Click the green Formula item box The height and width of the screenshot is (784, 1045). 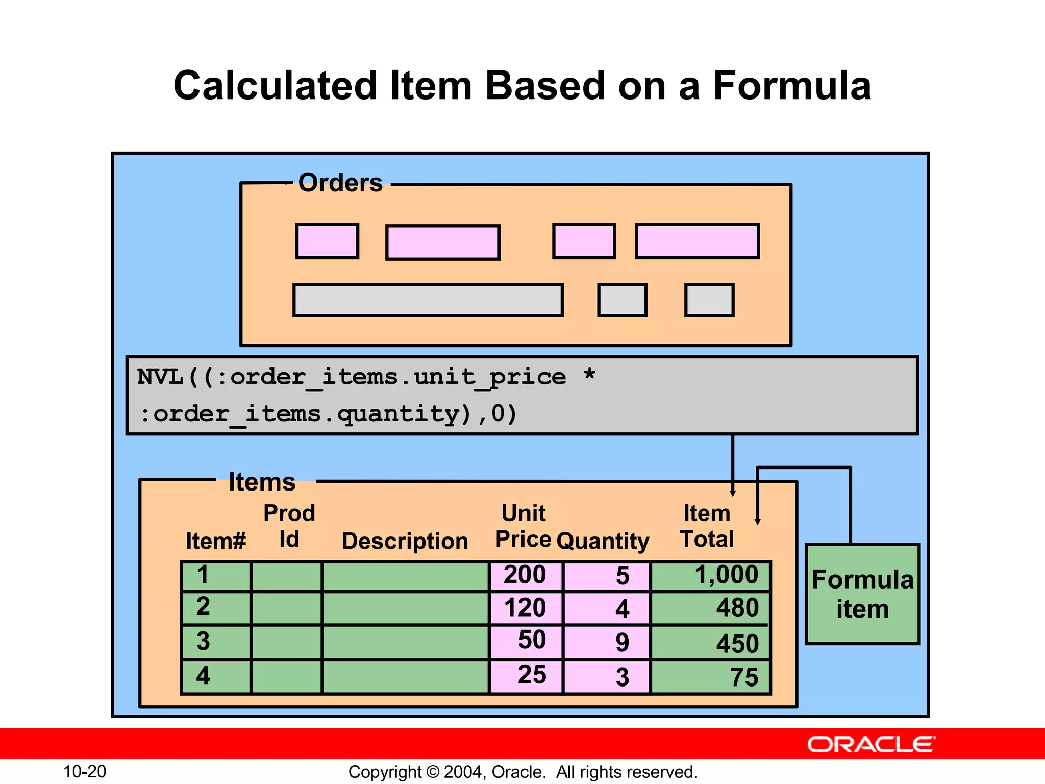point(862,594)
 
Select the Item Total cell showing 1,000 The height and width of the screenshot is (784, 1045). point(711,576)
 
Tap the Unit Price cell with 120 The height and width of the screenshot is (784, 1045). point(526,608)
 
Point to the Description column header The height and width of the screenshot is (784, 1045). point(405,541)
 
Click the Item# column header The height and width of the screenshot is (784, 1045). point(215,541)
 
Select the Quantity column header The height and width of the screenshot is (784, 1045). point(603,541)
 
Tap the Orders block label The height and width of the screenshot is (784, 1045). point(340,183)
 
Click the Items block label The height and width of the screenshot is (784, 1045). point(262,482)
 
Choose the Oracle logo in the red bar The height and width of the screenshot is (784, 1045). point(871,745)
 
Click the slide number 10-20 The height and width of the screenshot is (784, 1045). point(85,771)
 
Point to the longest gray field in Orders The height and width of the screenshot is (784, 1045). point(428,301)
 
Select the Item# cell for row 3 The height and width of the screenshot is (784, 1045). point(216,642)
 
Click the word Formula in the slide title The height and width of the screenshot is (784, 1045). point(792,86)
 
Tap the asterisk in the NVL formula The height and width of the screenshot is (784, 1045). point(589,375)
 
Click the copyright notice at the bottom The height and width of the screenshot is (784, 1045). point(522,772)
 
